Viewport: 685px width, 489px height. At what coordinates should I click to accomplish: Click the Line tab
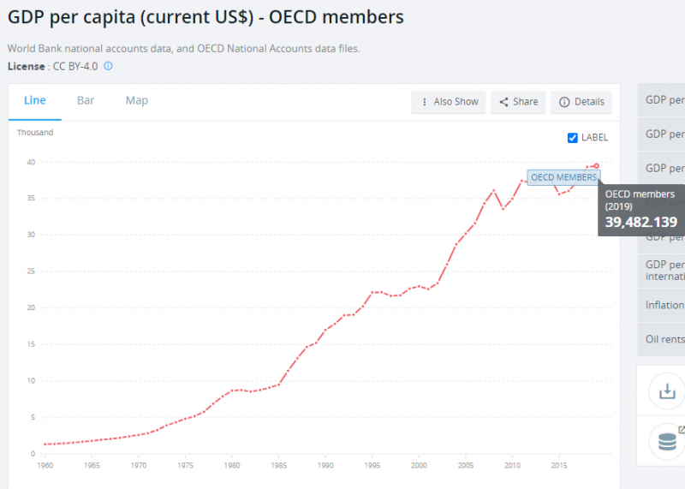[x=35, y=100]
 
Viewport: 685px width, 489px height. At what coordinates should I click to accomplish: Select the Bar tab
[x=86, y=100]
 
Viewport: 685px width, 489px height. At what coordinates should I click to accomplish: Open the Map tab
[x=137, y=100]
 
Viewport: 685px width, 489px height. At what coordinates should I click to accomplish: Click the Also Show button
[x=449, y=102]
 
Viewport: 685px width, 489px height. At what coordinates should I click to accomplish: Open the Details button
[x=581, y=102]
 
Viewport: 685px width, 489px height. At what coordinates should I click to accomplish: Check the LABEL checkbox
[x=573, y=138]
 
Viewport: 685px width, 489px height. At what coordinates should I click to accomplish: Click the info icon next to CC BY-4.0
[x=109, y=65]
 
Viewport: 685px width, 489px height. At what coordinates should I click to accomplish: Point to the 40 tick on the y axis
[x=30, y=162]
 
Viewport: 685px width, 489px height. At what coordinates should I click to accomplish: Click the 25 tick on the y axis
[x=30, y=271]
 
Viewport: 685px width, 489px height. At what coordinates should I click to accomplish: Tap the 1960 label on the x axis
[x=45, y=466]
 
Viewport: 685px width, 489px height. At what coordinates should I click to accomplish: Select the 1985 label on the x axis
[x=278, y=466]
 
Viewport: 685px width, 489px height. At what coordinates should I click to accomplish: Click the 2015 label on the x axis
[x=558, y=466]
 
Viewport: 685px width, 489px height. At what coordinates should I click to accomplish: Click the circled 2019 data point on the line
[x=596, y=165]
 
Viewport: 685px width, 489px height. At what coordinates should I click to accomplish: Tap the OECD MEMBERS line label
[x=563, y=177]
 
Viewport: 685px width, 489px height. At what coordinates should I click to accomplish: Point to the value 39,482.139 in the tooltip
[x=641, y=223]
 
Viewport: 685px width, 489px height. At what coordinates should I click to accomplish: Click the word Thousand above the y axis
[x=35, y=133]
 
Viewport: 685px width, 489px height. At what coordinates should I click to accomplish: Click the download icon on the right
[x=666, y=392]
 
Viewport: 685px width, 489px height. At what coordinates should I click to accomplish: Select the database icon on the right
[x=666, y=443]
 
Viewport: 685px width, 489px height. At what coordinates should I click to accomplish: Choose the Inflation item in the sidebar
[x=664, y=305]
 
